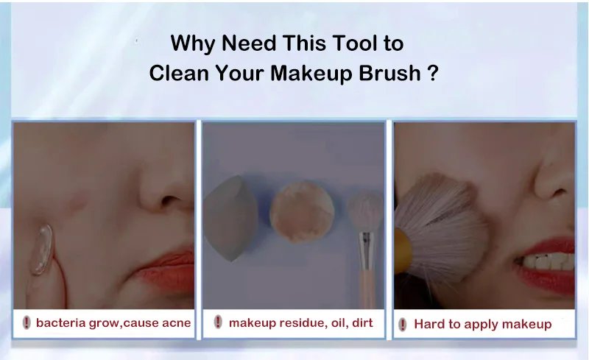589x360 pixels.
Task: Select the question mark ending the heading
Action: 433,74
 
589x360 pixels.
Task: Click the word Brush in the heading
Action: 384,74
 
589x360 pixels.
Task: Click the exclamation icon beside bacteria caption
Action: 27,322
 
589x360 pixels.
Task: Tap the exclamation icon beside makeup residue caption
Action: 218,322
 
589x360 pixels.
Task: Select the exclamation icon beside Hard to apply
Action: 403,324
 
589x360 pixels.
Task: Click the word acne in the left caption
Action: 175,322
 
